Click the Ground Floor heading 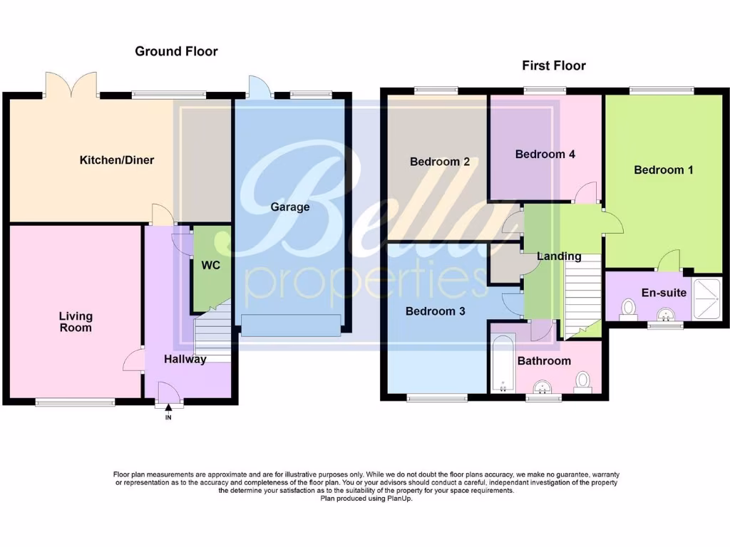[x=176, y=51]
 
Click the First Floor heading [x=554, y=66]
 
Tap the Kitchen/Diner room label [x=116, y=160]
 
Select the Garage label [x=290, y=207]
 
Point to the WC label [x=210, y=266]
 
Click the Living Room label [x=76, y=322]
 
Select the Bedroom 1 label [x=663, y=170]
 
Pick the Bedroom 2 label [x=439, y=162]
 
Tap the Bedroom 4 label [x=545, y=155]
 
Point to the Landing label [x=559, y=256]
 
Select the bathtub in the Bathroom [x=503, y=363]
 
